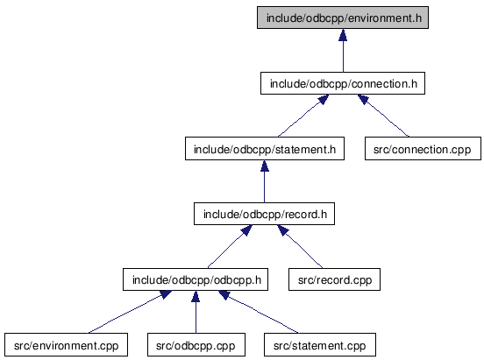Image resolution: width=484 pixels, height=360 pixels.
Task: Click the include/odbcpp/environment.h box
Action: (343, 18)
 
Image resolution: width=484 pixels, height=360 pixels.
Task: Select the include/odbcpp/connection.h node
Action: (343, 83)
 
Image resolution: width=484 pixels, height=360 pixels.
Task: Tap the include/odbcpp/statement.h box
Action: (265, 149)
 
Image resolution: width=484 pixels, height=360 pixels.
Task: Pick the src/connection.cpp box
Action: (423, 149)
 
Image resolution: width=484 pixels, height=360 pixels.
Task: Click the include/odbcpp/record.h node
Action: (264, 214)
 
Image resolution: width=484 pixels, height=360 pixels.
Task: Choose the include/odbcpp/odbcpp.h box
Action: (196, 279)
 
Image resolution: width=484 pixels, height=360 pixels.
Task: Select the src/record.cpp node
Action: (334, 279)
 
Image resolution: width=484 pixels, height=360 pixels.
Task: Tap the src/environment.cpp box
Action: (66, 345)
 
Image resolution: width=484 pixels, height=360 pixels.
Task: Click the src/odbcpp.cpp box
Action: (196, 345)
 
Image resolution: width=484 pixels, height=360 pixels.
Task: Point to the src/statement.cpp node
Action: (320, 345)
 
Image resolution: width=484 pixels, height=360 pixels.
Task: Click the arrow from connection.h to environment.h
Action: (343, 51)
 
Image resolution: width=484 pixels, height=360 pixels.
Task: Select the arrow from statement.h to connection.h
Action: (303, 116)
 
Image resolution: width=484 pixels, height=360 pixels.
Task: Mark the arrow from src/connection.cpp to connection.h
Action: (383, 116)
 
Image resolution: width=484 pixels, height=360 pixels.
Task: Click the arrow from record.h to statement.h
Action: (264, 181)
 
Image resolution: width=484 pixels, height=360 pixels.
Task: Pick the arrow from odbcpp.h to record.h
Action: (230, 246)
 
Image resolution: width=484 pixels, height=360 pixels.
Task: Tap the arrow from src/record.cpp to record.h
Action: (300, 246)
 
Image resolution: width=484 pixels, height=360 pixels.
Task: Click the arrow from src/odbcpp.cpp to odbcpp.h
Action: (196, 312)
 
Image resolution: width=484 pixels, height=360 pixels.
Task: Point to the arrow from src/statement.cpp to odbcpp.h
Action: (259, 312)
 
